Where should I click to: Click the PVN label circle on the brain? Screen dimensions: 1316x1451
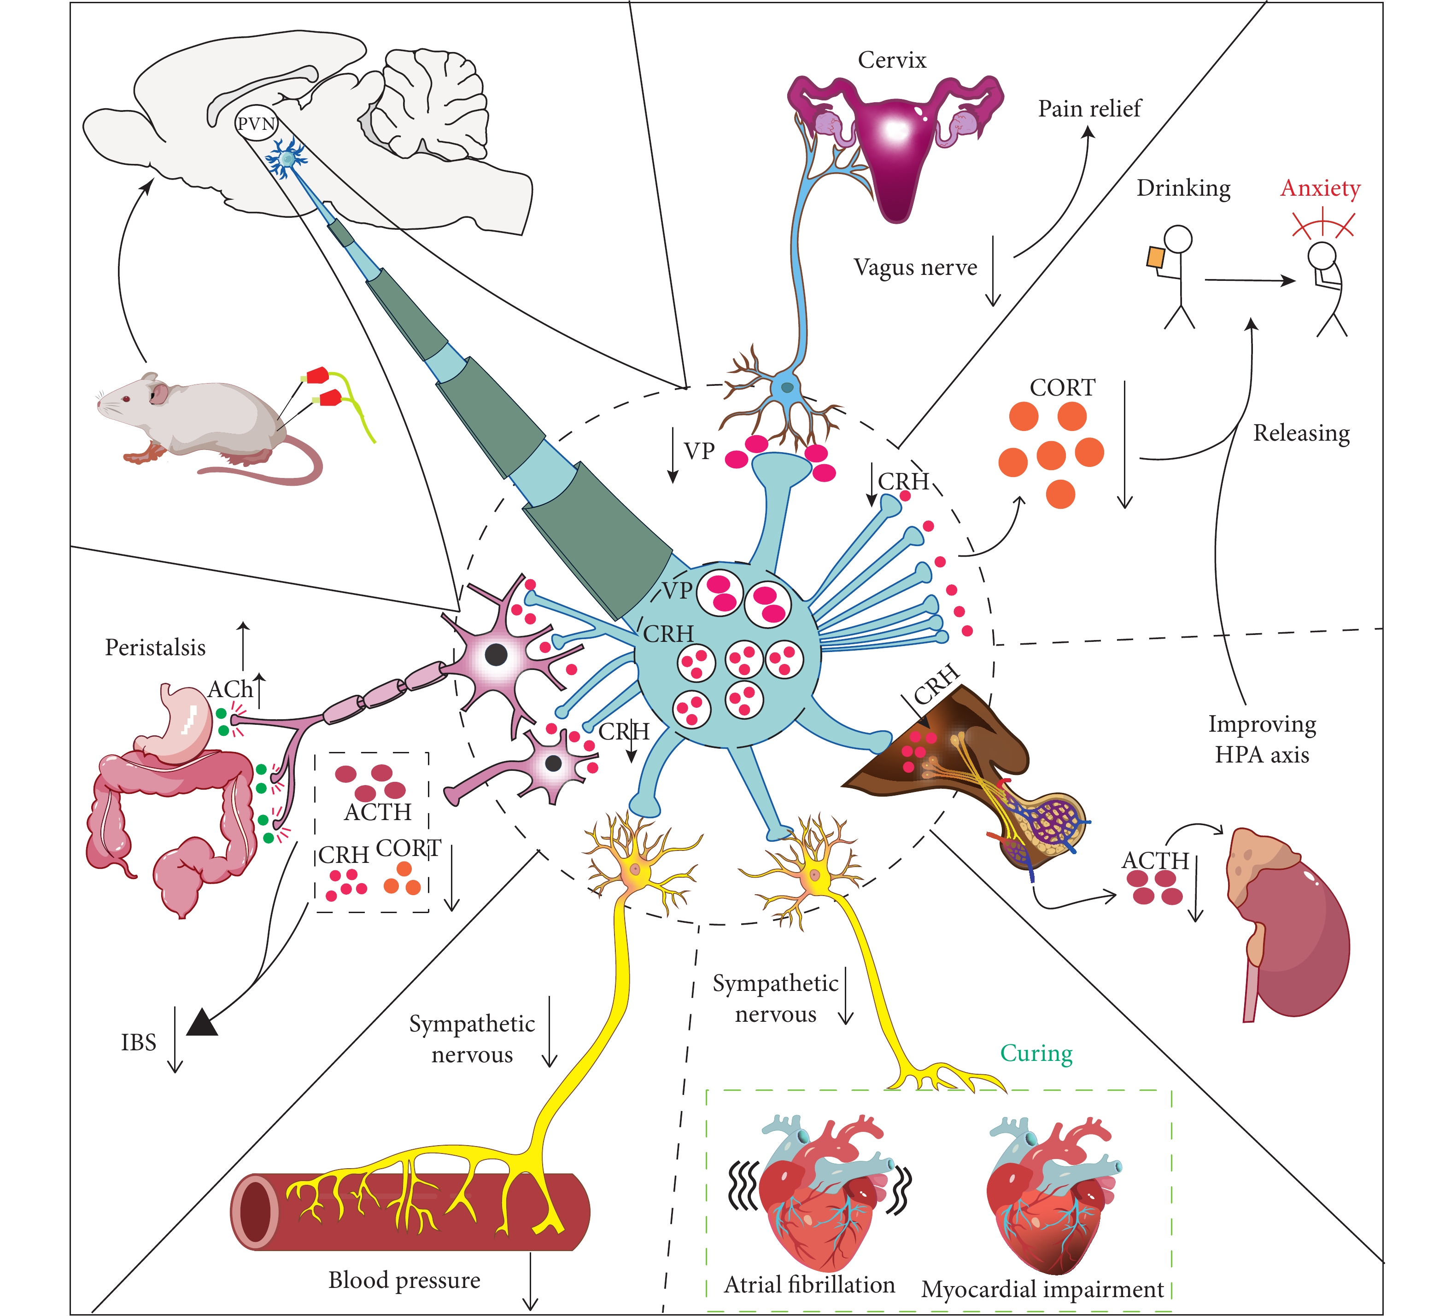tap(256, 124)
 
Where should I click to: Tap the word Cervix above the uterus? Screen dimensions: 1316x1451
tap(892, 60)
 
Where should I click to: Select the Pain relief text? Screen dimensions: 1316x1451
tap(1089, 109)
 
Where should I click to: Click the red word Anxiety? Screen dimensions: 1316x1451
tap(1320, 188)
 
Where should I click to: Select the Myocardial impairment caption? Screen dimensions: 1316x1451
tap(1042, 1289)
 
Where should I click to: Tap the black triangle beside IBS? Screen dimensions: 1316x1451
tap(202, 1022)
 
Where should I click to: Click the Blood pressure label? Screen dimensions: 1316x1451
tap(404, 1280)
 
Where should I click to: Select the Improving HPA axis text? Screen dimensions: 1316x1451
tap(1262, 739)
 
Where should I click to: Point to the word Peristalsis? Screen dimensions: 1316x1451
tap(156, 647)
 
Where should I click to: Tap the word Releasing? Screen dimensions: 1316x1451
tap(1301, 433)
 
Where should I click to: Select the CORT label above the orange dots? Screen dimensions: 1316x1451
tap(1062, 388)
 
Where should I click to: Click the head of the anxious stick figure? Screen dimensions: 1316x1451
tap(1322, 254)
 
